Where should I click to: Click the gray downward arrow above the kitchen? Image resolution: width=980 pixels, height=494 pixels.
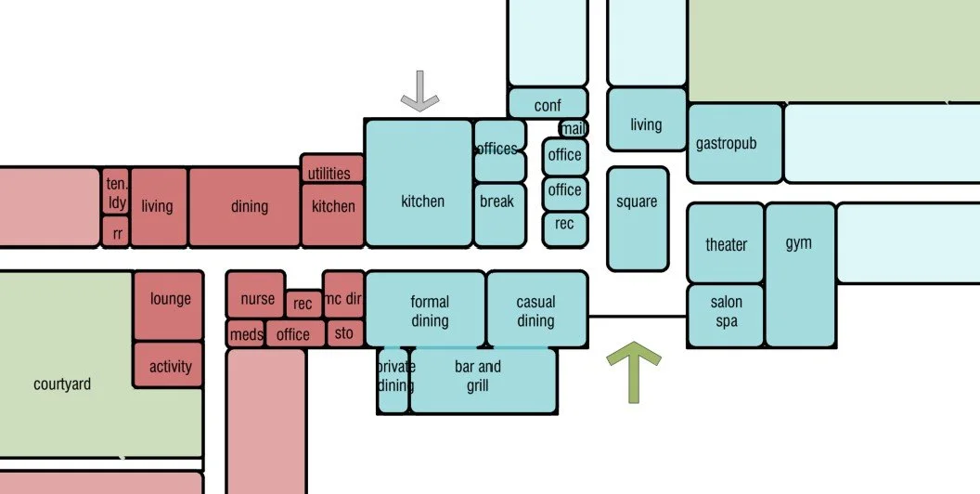point(419,93)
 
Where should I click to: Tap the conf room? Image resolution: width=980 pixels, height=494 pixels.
point(548,104)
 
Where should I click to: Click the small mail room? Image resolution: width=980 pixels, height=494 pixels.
point(574,129)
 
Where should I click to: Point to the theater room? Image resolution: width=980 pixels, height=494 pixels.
point(726,243)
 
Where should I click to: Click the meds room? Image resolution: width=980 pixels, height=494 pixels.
point(246,333)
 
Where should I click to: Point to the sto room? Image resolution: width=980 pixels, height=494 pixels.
point(344,331)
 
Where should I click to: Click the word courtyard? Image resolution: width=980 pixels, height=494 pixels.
point(62,383)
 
